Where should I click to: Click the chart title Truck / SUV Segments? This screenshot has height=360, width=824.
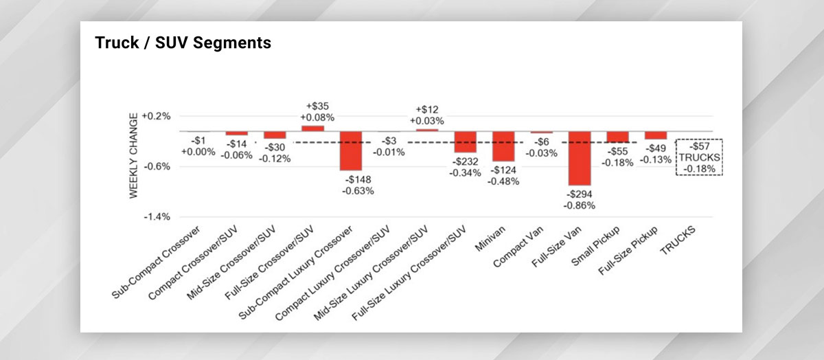pos(183,43)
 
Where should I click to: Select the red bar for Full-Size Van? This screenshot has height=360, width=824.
pos(578,158)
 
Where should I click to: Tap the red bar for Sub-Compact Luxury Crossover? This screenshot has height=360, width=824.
pos(350,150)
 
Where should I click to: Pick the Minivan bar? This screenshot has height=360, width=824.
pos(503,146)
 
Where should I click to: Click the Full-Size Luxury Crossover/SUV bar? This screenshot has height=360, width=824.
pos(465,142)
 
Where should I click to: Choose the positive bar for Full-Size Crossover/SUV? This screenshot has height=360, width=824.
pos(312,128)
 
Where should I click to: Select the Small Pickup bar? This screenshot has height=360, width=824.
pos(617,137)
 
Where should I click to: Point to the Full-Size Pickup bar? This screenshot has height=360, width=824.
pos(654,135)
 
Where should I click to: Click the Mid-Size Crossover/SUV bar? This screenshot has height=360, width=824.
pos(274,135)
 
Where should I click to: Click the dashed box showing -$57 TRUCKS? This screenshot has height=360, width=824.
pos(698,157)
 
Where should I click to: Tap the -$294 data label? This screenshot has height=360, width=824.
pos(578,195)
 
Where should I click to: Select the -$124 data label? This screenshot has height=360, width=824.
pos(503,170)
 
